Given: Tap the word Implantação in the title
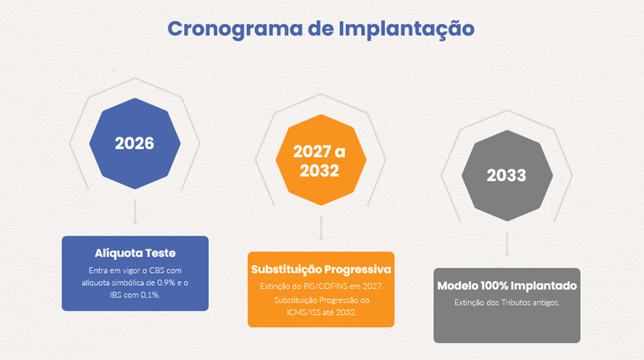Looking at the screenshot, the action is point(406,29).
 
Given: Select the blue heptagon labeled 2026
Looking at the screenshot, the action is point(134,143).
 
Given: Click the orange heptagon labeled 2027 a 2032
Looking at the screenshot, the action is point(321,160).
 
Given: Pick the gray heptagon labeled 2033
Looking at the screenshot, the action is point(507,175).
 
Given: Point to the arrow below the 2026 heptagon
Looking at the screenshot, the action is point(135,212).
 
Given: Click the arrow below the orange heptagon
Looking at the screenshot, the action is point(321,228).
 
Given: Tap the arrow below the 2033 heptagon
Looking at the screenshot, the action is point(507,244).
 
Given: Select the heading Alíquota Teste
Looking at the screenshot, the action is point(135,253).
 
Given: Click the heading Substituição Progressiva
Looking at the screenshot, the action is point(321,269).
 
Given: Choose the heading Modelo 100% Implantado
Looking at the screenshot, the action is point(507,286).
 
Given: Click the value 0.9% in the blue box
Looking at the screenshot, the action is point(166,283).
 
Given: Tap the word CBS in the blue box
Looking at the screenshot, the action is point(157,271).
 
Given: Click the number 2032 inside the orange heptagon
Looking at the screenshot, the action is point(319,171).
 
